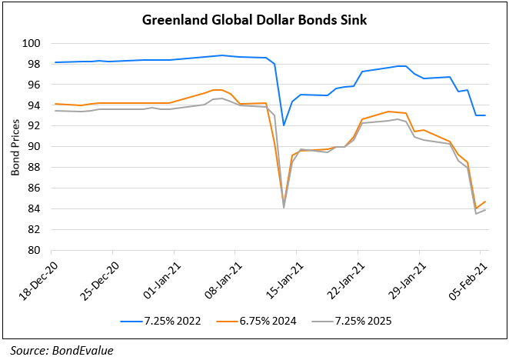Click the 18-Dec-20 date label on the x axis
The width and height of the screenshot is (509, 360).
(x=35, y=275)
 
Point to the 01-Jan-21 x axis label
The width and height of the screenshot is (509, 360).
(x=158, y=275)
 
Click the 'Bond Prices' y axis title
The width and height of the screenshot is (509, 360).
(x=15, y=146)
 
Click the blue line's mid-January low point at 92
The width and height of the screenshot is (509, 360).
(x=284, y=125)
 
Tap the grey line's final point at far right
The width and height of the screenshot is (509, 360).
(x=485, y=210)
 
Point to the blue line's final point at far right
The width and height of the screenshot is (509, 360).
(x=485, y=115)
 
